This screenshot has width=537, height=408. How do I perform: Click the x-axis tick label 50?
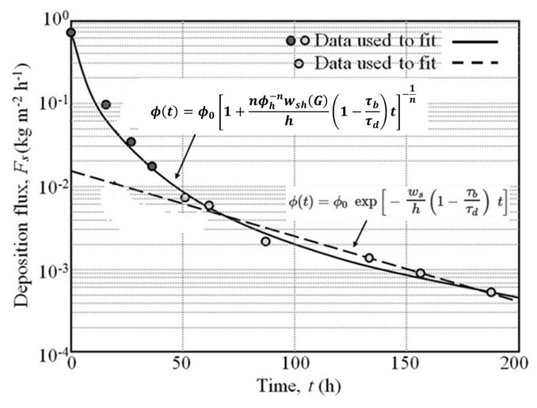[x=184, y=366]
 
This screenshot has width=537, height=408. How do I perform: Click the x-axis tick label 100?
[x=295, y=366]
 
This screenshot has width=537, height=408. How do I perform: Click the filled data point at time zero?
[x=71, y=32]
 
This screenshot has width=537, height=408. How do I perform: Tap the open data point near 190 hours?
[x=491, y=292]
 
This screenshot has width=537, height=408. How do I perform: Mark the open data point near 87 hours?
[x=265, y=241]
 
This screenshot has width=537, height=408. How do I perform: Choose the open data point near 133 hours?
[x=368, y=258]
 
